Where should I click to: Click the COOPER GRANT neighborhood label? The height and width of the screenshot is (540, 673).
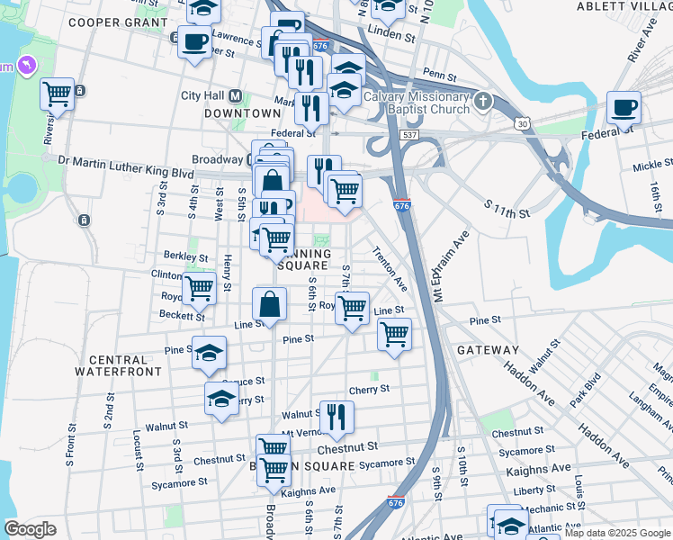click(x=118, y=22)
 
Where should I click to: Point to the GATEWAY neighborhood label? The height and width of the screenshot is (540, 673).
click(x=488, y=349)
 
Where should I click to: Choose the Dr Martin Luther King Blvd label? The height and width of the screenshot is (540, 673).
click(x=125, y=160)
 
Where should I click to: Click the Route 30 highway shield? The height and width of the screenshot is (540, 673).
click(x=521, y=121)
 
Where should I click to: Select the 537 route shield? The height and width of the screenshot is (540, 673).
click(x=410, y=134)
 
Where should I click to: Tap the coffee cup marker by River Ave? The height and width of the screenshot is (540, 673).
click(x=624, y=108)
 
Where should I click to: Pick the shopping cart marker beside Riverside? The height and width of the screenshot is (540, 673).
click(x=57, y=93)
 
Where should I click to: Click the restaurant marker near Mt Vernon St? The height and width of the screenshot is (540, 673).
click(x=336, y=415)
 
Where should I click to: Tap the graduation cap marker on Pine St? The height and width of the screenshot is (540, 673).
click(x=209, y=353)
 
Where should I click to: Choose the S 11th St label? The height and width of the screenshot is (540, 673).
click(x=507, y=210)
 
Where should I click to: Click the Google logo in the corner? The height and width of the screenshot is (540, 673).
click(x=30, y=528)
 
